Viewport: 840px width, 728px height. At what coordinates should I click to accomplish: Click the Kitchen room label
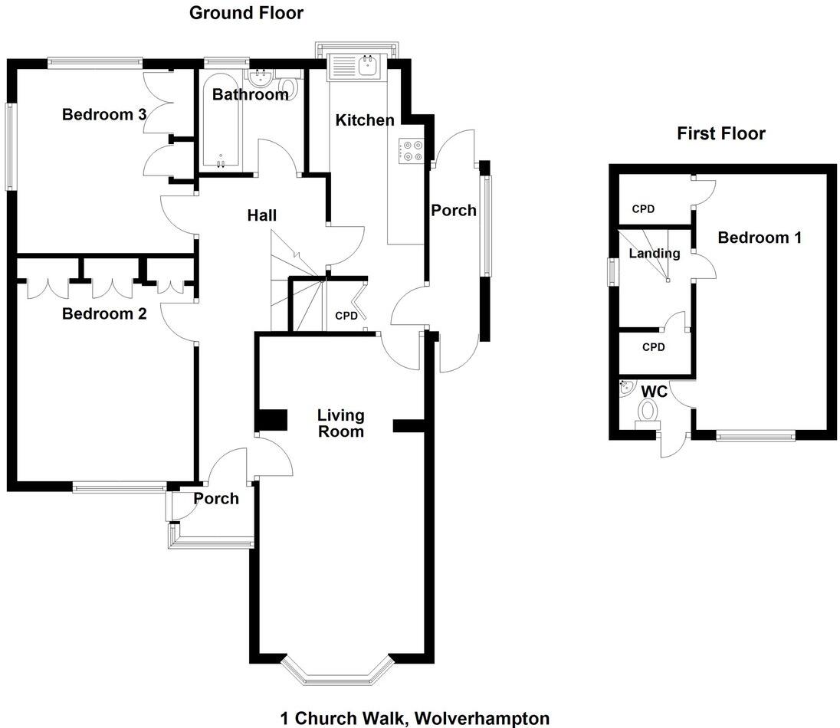(365, 120)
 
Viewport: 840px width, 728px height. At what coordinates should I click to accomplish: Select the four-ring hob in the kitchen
(412, 151)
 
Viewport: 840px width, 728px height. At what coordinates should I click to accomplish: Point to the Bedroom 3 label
(104, 115)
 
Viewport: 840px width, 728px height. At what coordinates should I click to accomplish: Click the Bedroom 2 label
(104, 313)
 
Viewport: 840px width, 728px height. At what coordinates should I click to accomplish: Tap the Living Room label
(341, 423)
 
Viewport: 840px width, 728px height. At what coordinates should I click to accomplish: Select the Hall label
(261, 216)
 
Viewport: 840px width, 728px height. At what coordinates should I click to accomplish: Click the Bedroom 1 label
(759, 238)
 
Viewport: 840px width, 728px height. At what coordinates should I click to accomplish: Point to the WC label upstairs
(653, 392)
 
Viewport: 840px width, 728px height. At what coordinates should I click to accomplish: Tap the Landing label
(654, 254)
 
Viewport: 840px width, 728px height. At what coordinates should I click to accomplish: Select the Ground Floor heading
(246, 13)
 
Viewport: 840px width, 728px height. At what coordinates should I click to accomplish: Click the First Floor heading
(720, 134)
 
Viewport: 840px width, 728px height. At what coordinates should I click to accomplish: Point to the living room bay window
(336, 674)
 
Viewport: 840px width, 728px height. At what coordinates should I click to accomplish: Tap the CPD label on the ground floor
(346, 315)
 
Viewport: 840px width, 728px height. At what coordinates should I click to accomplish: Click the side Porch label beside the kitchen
(453, 211)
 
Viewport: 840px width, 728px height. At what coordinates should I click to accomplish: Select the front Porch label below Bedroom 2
(215, 499)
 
